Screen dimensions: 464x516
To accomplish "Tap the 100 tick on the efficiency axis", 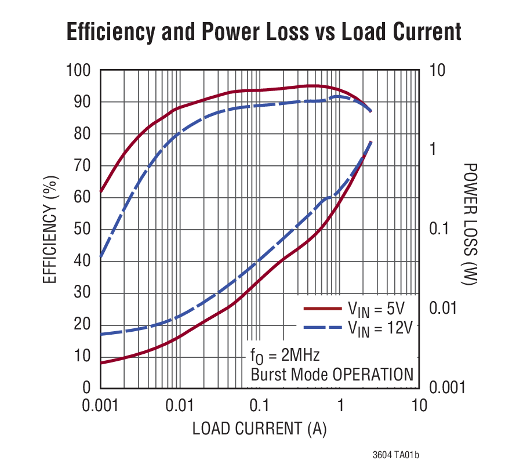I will click(x=80, y=71).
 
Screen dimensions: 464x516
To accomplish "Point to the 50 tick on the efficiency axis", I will click(x=85, y=229).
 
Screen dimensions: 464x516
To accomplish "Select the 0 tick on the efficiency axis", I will click(x=88, y=387).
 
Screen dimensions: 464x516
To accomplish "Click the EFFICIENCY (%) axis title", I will click(x=51, y=230).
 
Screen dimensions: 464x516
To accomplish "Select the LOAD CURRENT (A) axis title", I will click(x=259, y=429).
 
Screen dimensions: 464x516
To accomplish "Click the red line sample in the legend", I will click(x=322, y=308).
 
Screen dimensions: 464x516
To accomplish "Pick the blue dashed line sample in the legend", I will click(x=322, y=328).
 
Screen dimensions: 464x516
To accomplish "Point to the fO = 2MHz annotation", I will click(x=285, y=354).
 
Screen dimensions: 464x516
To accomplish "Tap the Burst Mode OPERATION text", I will click(x=332, y=374).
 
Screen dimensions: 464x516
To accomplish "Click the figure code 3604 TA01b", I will click(x=395, y=454).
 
